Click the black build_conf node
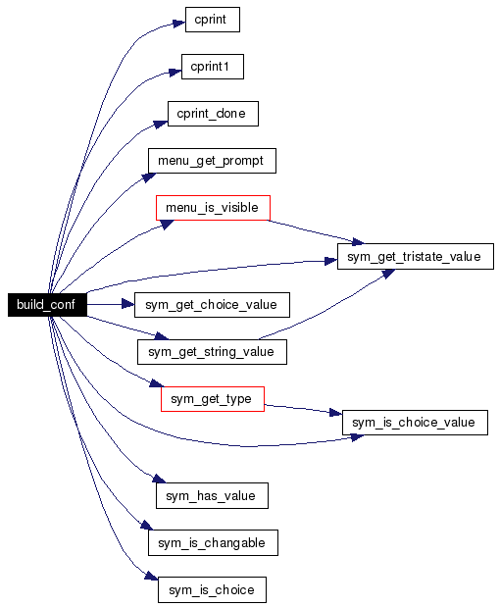(47, 305)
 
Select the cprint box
(213, 20)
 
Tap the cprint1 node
(213, 67)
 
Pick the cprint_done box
(213, 114)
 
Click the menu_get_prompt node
(212, 161)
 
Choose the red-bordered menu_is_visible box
(213, 208)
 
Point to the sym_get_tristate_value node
(416, 256)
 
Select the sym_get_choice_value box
(212, 305)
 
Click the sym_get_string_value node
(212, 352)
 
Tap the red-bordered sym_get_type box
(213, 399)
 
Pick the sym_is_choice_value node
(415, 423)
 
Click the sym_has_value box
(212, 495)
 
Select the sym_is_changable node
(213, 542)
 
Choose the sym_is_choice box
(212, 590)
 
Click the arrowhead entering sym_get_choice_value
(128, 304)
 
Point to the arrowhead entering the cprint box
(179, 24)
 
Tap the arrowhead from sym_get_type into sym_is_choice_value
(335, 413)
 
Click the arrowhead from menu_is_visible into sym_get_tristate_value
(357, 242)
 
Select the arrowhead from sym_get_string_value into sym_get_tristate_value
(388, 273)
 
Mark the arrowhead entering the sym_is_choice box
(151, 576)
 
